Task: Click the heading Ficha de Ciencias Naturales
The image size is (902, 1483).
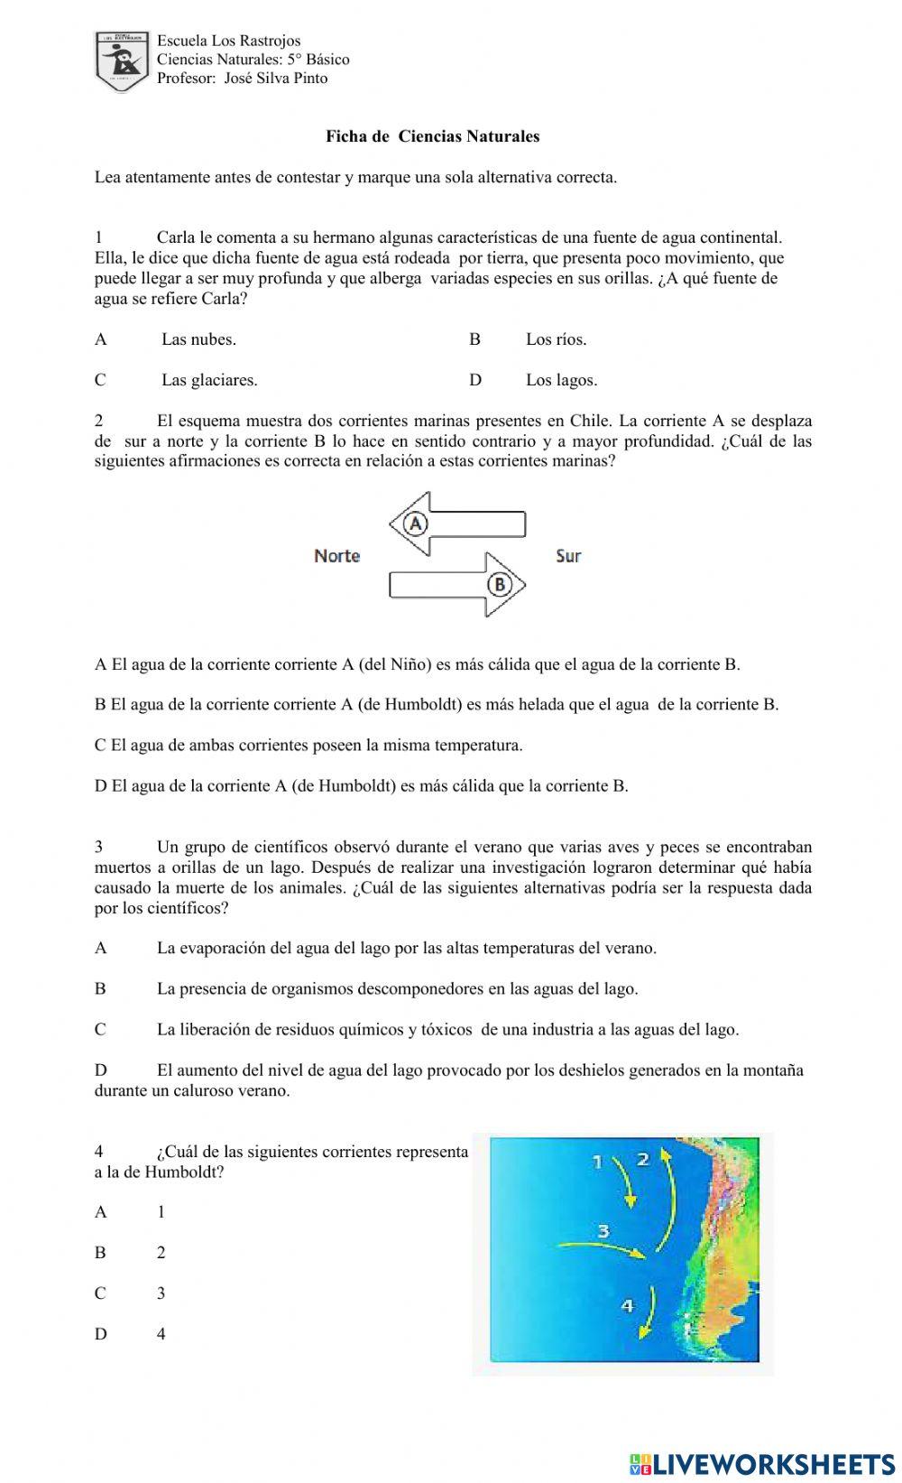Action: [432, 136]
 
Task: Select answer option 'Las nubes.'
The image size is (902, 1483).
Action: [198, 339]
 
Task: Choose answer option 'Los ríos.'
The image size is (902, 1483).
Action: [556, 339]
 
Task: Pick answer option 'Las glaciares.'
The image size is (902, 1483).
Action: [209, 380]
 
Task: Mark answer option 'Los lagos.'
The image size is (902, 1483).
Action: [561, 380]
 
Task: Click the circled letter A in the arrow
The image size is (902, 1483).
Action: [415, 524]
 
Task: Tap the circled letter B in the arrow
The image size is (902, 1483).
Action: [500, 585]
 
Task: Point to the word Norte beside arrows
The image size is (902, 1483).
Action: [336, 556]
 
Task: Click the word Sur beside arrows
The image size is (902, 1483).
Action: [568, 556]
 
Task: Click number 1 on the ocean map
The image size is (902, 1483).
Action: [597, 1162]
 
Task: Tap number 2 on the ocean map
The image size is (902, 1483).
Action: [642, 1159]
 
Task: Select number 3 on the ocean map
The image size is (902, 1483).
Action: [603, 1230]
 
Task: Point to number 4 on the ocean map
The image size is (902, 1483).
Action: [628, 1304]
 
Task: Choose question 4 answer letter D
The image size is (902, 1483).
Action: [100, 1334]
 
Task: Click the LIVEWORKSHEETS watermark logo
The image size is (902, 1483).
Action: [762, 1463]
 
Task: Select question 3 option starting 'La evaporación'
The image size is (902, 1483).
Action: [406, 948]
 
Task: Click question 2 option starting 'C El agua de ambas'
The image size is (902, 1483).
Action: [308, 746]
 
